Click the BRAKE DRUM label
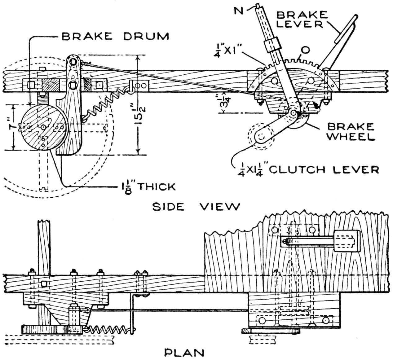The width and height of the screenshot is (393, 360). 115,36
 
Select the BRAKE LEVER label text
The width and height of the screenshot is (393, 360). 302,19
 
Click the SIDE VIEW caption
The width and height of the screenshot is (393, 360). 196,206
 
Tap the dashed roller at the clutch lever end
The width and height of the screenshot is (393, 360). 260,136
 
